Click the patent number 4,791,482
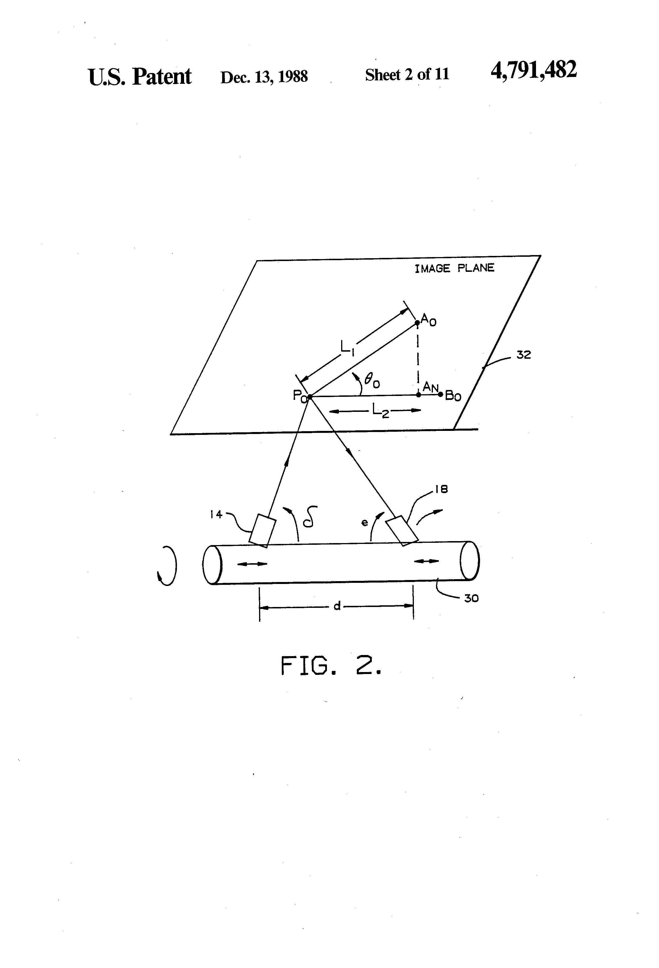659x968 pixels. [534, 70]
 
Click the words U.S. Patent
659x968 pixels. [139, 77]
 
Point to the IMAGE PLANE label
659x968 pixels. [454, 268]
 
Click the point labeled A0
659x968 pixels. [417, 322]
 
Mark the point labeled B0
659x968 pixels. [440, 394]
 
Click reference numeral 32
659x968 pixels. [524, 355]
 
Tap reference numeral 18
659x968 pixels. [441, 489]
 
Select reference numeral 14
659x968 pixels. [216, 514]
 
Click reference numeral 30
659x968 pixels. [471, 598]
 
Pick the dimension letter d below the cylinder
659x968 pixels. [337, 606]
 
